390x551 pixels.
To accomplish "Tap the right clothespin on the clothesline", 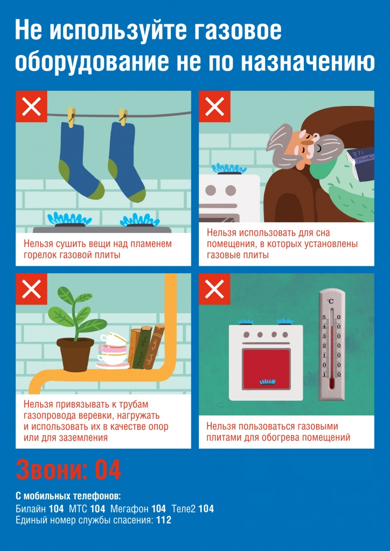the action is point(123,117).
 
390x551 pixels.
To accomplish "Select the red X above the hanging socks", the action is point(31,107).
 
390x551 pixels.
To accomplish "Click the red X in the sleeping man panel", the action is point(214,107).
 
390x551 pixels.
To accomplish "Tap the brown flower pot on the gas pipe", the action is point(75,354).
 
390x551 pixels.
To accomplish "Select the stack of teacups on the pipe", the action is point(113,350).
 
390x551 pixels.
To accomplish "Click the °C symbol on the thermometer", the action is point(330,301).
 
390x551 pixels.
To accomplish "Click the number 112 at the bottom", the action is point(164,520).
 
